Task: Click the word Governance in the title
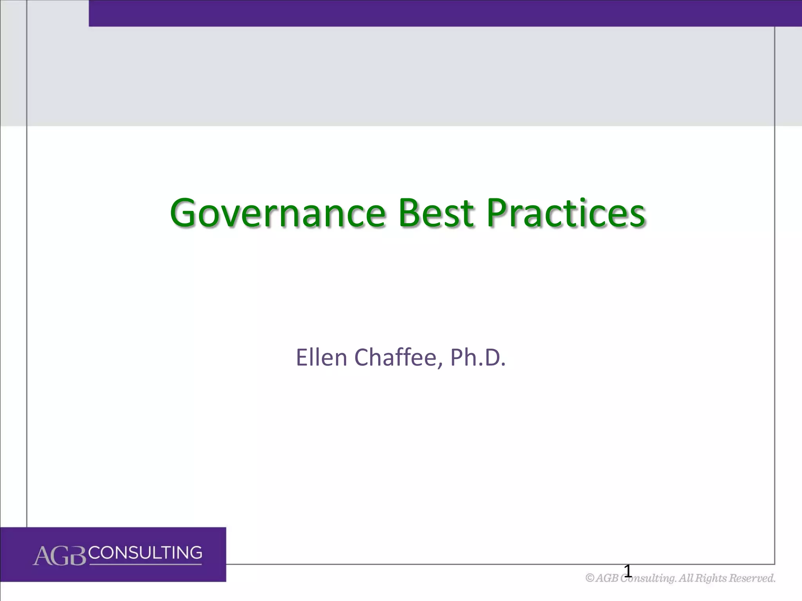click(278, 213)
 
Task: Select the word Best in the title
click(436, 213)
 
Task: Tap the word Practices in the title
click(565, 213)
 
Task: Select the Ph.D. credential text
click(478, 357)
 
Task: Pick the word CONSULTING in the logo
click(146, 553)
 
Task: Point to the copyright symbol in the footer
click(590, 578)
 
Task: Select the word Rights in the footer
click(711, 578)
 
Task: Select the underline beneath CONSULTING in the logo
click(146, 564)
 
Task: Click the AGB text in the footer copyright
click(607, 578)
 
